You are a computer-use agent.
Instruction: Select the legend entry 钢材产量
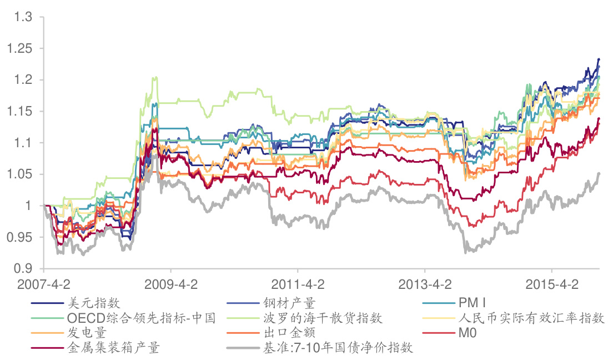[x=289, y=303]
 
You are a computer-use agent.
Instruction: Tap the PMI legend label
[x=473, y=303]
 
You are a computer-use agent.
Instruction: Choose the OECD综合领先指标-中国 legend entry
[x=141, y=318]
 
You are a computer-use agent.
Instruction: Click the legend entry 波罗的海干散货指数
[x=323, y=318]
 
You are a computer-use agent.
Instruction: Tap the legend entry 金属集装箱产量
[x=113, y=348]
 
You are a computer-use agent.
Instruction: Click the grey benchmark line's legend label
[x=338, y=348]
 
